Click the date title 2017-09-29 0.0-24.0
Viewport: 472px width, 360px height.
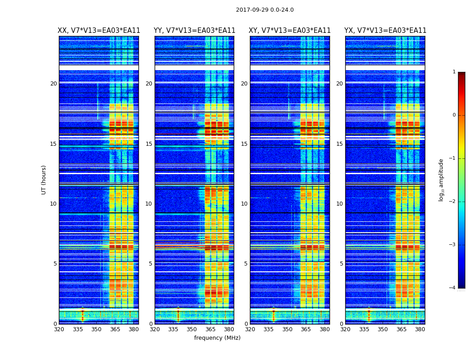coord(265,10)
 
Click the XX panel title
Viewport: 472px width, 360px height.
coord(99,31)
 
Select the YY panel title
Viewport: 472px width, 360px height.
coord(194,31)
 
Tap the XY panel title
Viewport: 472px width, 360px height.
coord(289,31)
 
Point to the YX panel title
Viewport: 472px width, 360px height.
coord(385,31)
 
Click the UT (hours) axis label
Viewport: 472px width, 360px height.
coord(44,180)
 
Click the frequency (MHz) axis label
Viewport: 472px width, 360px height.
coord(217,338)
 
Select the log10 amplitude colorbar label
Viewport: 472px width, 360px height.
coord(441,180)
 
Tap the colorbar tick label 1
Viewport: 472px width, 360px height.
coord(454,72)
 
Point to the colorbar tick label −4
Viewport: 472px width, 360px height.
coord(453,288)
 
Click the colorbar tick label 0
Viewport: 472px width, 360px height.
coord(454,115)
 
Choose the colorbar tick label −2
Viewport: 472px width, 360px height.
coord(453,202)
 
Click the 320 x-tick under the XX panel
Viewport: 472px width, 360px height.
coord(59,329)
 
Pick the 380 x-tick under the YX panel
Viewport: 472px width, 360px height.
coord(420,329)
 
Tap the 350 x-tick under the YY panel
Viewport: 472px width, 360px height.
coord(192,329)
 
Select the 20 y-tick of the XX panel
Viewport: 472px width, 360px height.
coord(53,84)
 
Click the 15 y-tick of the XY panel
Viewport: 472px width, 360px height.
coord(245,144)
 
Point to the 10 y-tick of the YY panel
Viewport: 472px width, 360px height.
coord(149,204)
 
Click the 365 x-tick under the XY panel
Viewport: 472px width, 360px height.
coord(306,329)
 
